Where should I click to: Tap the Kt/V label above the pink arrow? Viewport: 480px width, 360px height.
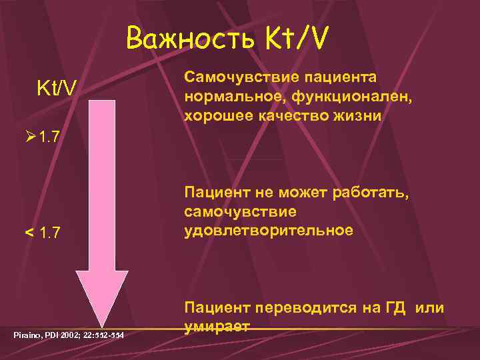pos(56,87)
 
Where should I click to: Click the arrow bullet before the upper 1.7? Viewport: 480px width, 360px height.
pos(29,138)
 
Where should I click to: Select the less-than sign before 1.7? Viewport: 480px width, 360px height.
pos(29,233)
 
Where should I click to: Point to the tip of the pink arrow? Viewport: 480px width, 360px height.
pos(101,327)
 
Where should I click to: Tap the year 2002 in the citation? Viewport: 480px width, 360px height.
pos(70,333)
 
